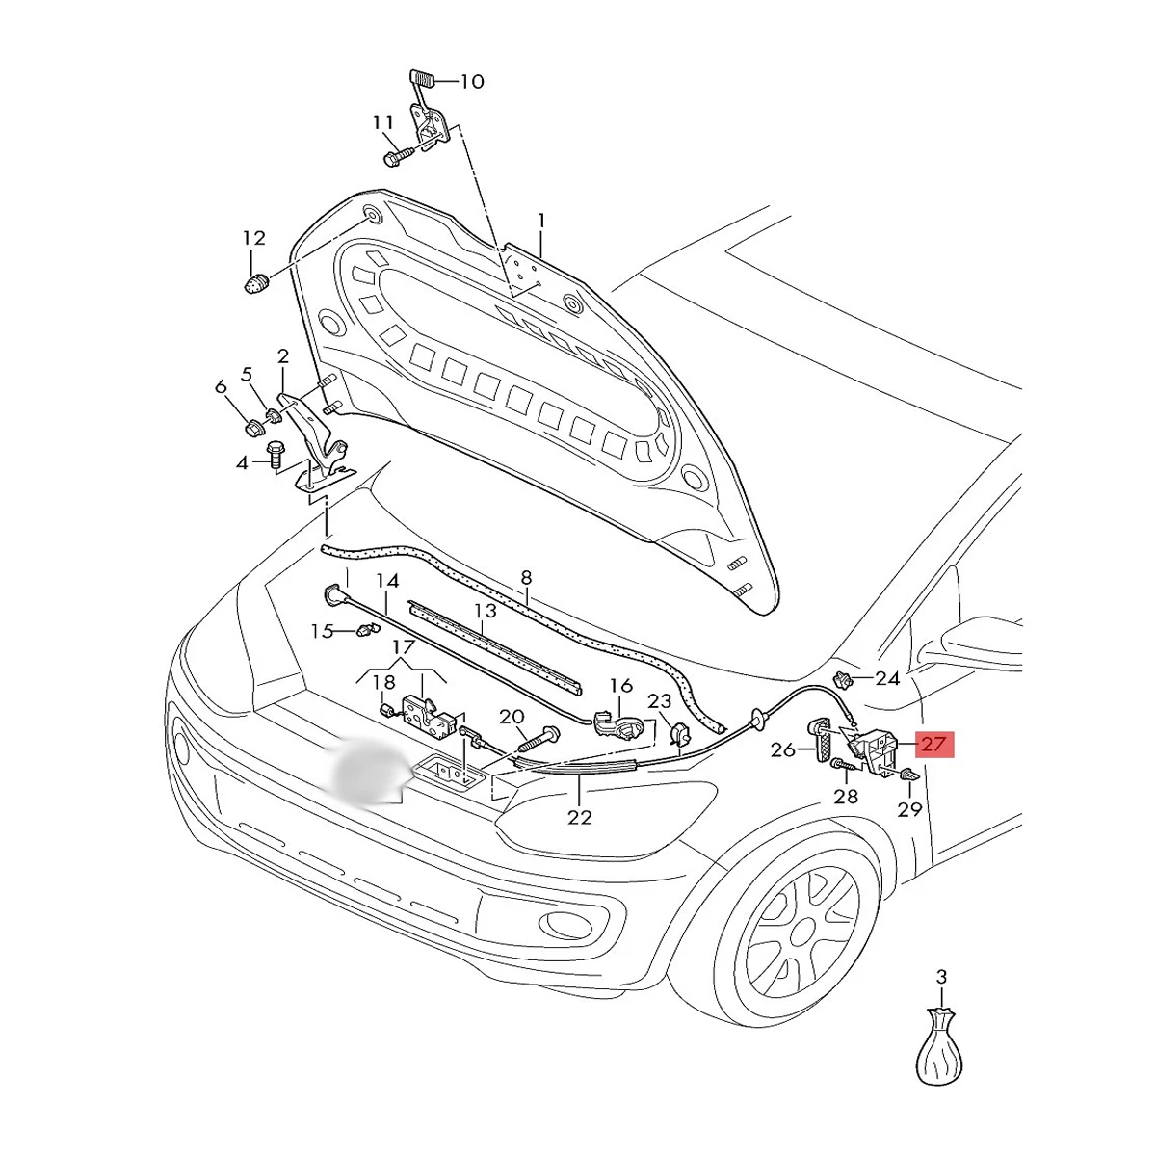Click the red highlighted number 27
click(933, 744)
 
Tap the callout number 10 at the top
click(471, 81)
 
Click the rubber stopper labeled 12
click(253, 285)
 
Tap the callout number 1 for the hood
click(541, 221)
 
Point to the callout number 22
click(579, 817)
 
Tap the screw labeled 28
click(841, 767)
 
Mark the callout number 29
click(909, 809)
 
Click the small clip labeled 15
click(363, 631)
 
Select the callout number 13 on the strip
click(485, 611)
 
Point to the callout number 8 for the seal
click(526, 578)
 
